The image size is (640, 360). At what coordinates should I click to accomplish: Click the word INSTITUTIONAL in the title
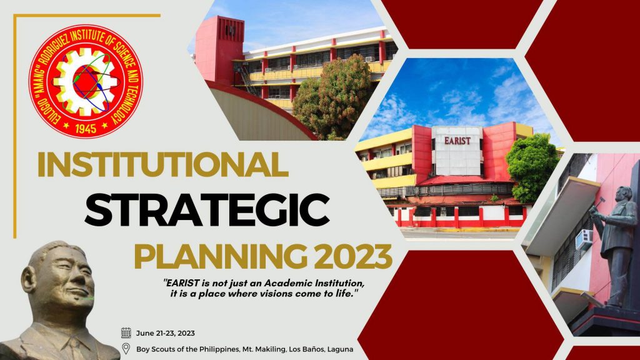(x=163, y=164)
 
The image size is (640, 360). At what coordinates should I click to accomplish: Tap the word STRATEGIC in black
(x=207, y=211)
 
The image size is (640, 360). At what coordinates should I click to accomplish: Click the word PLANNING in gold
(x=221, y=256)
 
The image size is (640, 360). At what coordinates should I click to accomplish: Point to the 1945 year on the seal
(x=86, y=129)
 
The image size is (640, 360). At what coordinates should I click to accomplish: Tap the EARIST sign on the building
(x=457, y=141)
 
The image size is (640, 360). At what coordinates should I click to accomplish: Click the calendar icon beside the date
(x=126, y=333)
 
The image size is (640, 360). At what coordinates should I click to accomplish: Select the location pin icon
(x=126, y=349)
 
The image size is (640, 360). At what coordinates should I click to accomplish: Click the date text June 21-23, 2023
(x=165, y=333)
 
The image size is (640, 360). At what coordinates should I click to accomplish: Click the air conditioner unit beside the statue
(x=584, y=239)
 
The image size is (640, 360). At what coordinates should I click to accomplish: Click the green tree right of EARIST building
(x=532, y=167)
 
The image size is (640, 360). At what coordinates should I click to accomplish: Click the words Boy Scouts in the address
(x=154, y=349)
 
